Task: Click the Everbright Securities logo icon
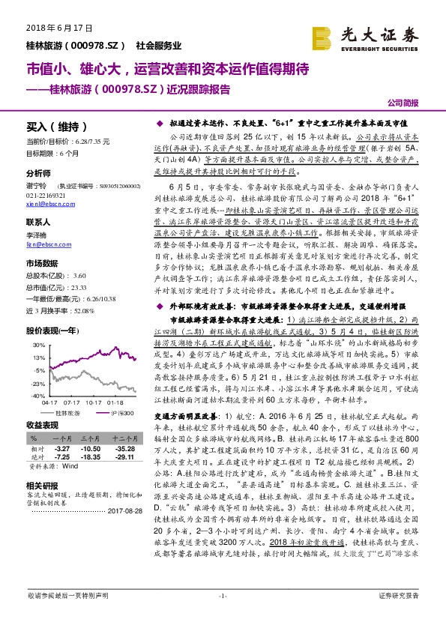coord(322,36)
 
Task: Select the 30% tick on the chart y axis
coord(38,344)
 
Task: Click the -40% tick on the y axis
coord(38,395)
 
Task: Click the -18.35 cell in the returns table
coord(92,456)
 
